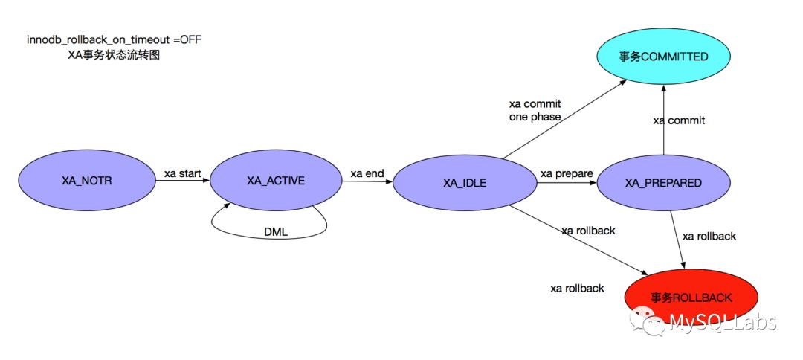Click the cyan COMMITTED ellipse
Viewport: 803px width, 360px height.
click(663, 56)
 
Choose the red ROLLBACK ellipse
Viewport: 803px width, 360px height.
click(691, 298)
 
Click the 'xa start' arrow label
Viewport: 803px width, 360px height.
click(183, 173)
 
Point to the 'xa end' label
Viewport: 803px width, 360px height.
click(367, 173)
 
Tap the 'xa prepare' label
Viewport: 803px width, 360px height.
click(567, 173)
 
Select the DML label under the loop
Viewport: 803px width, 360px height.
click(276, 232)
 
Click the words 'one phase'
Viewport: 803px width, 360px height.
click(535, 117)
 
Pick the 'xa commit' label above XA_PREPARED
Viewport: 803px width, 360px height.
click(679, 120)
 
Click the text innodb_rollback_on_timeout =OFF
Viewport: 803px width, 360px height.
click(114, 39)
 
